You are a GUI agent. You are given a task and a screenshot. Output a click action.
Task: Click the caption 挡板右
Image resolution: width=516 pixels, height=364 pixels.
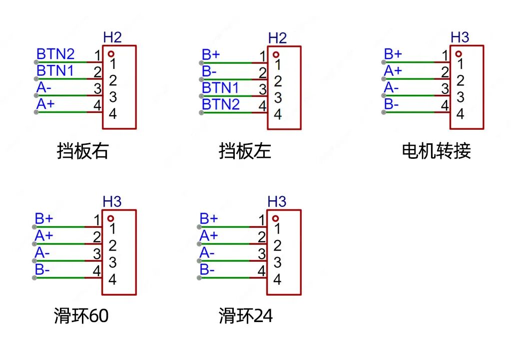(x=82, y=151)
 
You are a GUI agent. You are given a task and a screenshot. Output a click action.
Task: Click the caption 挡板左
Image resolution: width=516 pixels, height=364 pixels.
(x=245, y=151)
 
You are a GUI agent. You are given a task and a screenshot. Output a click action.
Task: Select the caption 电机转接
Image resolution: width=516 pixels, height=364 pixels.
(x=436, y=151)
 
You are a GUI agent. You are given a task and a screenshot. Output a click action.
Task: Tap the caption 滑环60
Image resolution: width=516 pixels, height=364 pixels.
(x=81, y=316)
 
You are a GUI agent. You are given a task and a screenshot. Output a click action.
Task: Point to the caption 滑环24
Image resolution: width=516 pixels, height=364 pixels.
(x=246, y=316)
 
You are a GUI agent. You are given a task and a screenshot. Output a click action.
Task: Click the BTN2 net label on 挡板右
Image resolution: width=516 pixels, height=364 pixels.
(x=55, y=54)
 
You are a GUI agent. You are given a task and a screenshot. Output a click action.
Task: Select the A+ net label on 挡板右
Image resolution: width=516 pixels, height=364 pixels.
(x=45, y=104)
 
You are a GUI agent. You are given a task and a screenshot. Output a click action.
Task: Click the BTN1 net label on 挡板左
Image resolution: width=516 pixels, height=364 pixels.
(x=220, y=88)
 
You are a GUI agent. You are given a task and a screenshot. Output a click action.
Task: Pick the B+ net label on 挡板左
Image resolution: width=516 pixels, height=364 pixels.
(x=211, y=54)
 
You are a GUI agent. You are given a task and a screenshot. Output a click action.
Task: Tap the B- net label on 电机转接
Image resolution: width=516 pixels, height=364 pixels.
(x=392, y=104)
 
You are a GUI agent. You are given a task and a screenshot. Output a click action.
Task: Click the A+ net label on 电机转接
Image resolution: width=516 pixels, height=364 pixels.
(x=393, y=71)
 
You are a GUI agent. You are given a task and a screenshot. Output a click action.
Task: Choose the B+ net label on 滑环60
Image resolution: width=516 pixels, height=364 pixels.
(x=44, y=219)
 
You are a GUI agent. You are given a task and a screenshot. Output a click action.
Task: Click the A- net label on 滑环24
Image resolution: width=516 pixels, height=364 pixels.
(x=207, y=253)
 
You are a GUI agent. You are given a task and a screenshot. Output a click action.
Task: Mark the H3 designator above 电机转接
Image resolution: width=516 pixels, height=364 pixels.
(x=460, y=37)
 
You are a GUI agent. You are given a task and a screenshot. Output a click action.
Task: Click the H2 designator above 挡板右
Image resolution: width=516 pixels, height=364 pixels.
(x=112, y=37)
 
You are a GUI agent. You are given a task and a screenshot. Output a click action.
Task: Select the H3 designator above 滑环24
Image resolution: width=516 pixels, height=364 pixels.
(x=277, y=202)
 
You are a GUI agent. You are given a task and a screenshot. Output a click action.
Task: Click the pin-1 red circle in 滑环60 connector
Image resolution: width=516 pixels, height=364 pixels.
(x=110, y=218)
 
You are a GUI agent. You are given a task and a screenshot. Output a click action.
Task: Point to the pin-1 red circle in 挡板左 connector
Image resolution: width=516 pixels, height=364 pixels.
(x=276, y=54)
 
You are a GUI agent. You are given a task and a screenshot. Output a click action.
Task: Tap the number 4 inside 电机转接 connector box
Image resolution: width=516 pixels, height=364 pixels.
(x=460, y=114)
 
